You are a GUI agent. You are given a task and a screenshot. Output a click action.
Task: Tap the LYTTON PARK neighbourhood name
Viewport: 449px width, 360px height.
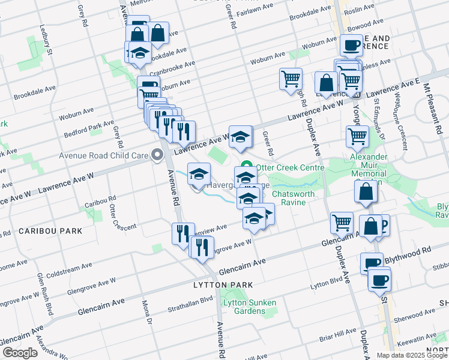pyautogui.click(x=220, y=284)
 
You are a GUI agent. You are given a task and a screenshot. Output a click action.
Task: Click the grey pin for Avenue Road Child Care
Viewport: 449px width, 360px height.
pyautogui.click(x=158, y=155)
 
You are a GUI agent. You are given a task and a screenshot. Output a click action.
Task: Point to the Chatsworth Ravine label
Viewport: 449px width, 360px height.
pyautogui.click(x=298, y=198)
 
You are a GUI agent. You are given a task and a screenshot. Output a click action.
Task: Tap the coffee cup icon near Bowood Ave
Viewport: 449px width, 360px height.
pyautogui.click(x=351, y=45)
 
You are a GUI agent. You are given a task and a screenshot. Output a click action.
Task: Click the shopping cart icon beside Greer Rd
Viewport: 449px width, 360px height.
pyautogui.click(x=291, y=79)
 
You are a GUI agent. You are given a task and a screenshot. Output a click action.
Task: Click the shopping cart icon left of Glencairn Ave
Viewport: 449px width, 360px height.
pyautogui.click(x=342, y=223)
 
